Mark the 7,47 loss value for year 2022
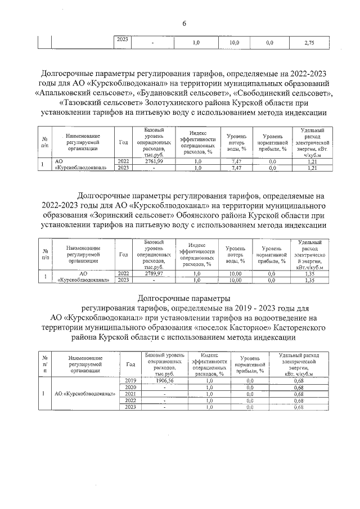[237, 161]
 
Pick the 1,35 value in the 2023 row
[308, 280]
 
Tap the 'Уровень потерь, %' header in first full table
[237, 143]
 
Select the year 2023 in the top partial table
[122, 40]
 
